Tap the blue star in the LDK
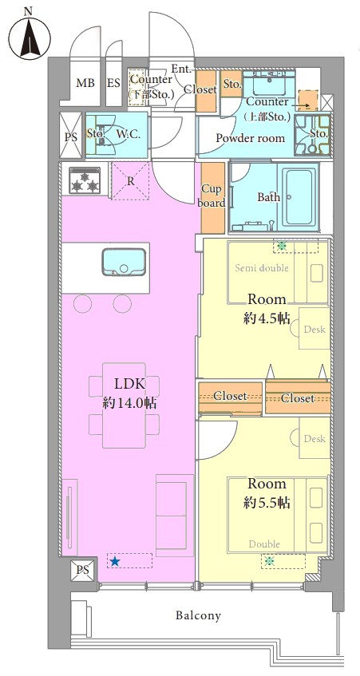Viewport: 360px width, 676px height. [x=114, y=561]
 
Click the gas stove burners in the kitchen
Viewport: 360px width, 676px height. [x=85, y=180]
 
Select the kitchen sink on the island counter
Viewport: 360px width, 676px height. [x=125, y=262]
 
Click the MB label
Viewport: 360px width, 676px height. [x=85, y=83]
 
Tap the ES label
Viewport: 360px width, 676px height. [x=114, y=83]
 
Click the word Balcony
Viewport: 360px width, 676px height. [x=198, y=615]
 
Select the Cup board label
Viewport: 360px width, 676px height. [x=213, y=196]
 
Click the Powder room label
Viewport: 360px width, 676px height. [x=251, y=138]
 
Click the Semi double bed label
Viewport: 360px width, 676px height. [x=262, y=268]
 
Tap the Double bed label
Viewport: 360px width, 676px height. [x=264, y=544]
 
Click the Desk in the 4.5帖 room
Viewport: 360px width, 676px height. [x=315, y=329]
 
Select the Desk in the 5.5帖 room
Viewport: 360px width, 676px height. [x=315, y=438]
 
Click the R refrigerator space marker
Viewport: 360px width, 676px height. [x=131, y=181]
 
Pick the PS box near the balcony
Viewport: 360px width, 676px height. [x=83, y=570]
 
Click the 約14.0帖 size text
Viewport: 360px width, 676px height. [x=129, y=404]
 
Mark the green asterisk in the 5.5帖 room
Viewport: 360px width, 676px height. [x=270, y=561]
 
